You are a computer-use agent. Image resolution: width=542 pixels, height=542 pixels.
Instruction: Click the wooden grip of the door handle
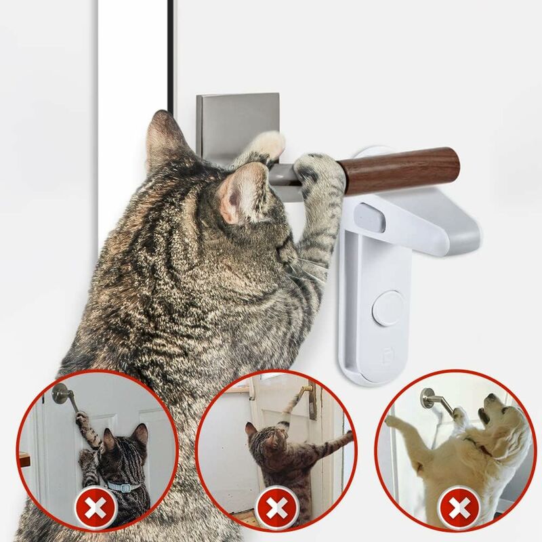pos(400,169)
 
